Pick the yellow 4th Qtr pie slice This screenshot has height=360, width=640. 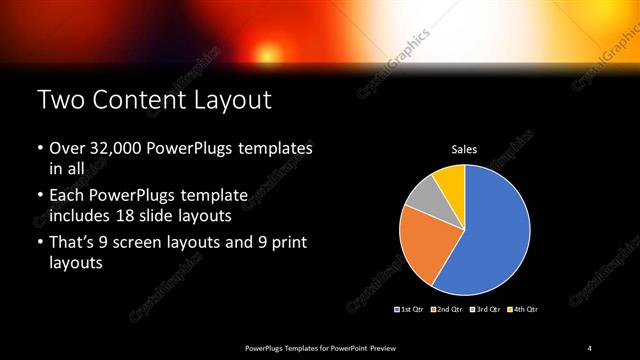coord(450,179)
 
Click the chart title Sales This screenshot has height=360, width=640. coord(464,149)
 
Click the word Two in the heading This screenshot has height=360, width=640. coord(59,100)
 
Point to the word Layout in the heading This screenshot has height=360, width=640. coord(237,100)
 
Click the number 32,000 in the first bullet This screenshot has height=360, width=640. coord(113,148)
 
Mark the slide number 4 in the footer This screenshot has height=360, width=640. coord(590,347)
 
